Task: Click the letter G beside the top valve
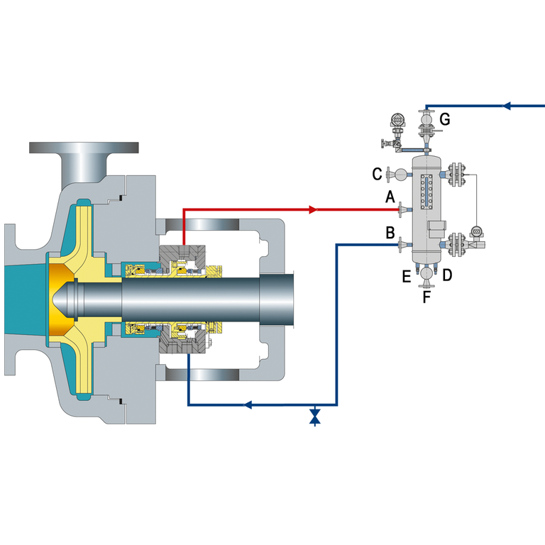[445, 119]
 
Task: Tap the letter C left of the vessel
[377, 174]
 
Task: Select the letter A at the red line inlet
[390, 197]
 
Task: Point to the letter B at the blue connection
[390, 233]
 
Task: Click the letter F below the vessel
[426, 297]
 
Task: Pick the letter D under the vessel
[447, 275]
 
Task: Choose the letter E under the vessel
[407, 277]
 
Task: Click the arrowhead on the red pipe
[313, 209]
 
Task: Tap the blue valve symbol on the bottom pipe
[315, 416]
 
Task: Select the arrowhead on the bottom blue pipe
[247, 404]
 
